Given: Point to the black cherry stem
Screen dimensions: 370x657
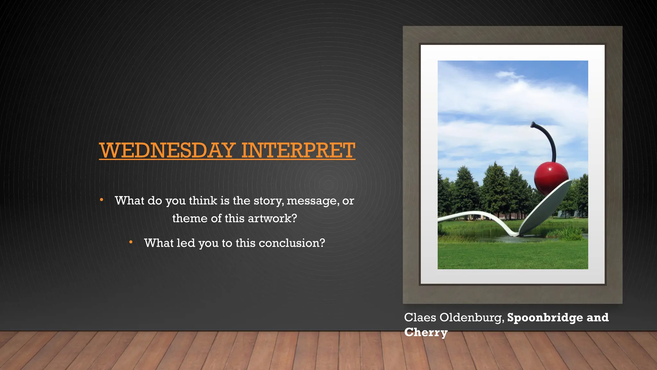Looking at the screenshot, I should [549, 138].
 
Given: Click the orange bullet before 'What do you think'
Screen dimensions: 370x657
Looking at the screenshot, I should [101, 200].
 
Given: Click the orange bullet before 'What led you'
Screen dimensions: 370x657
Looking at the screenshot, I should [131, 242].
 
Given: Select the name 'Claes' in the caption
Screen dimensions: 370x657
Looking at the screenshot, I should [420, 317].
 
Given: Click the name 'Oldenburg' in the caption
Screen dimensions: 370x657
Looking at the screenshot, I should [472, 318].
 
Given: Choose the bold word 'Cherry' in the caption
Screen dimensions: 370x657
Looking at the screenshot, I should [426, 332].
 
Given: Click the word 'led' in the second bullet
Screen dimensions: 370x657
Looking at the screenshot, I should [186, 243].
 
